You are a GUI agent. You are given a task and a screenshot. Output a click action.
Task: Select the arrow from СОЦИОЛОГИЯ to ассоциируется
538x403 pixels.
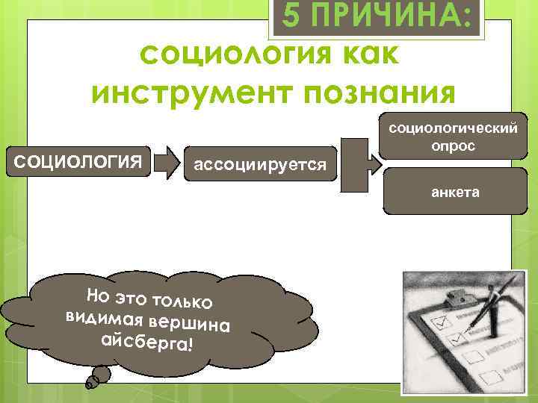tap(170, 158)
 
